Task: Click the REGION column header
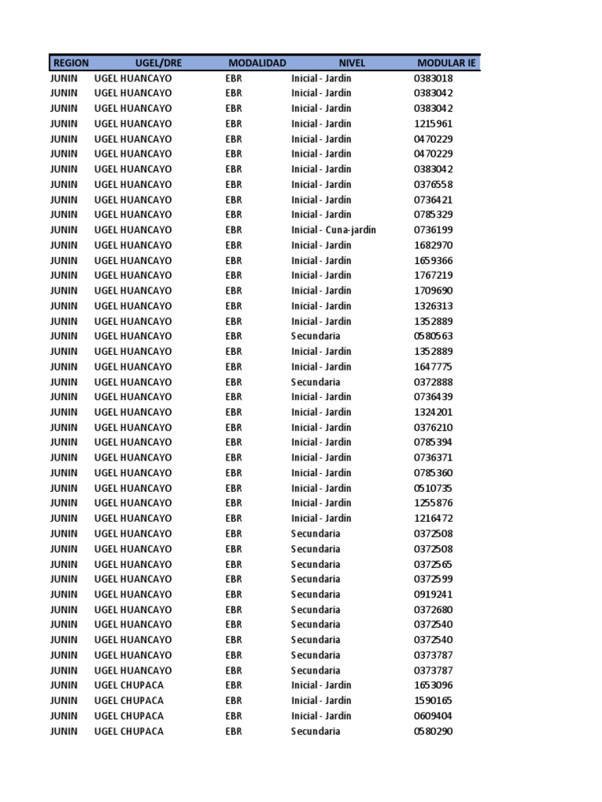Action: click(71, 63)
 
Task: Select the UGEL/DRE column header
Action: click(158, 63)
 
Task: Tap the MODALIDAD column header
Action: click(257, 63)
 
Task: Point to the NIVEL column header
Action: click(352, 63)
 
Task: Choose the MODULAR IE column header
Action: click(447, 63)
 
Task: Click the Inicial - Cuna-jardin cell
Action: click(333, 230)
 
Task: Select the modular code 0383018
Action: click(433, 78)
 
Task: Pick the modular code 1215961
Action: click(433, 124)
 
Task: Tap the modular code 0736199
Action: click(433, 230)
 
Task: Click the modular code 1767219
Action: click(433, 276)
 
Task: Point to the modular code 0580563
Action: click(433, 336)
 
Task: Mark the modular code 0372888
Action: click(433, 382)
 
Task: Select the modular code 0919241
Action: click(433, 594)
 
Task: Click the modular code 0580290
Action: click(433, 732)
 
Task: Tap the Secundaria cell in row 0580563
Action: click(316, 336)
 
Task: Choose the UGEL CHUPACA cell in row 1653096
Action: click(129, 685)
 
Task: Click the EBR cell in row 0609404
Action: click(234, 716)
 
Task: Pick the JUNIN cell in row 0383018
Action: click(64, 78)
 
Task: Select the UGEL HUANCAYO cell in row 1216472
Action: click(133, 518)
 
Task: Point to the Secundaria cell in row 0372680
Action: click(316, 610)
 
